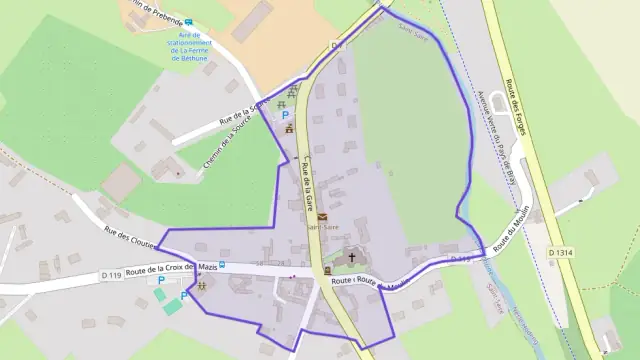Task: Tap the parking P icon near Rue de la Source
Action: (271, 117)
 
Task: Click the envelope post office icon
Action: (323, 216)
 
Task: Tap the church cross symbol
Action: (351, 257)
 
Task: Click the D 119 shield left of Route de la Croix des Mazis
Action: (111, 274)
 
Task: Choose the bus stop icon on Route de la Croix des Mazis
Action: (222, 266)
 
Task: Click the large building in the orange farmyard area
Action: (252, 20)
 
